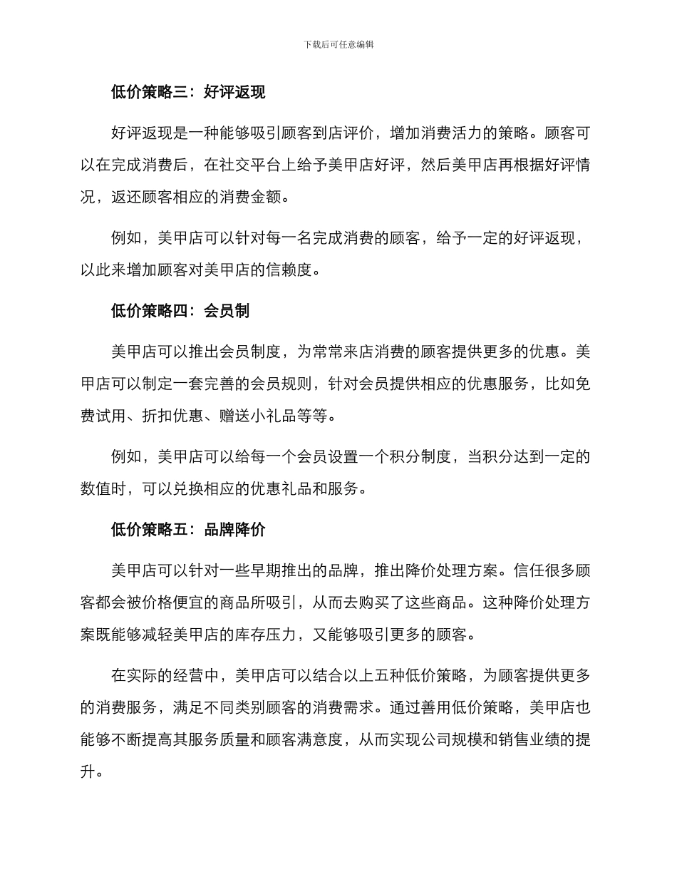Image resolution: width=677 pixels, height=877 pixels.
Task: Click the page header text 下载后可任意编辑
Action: click(x=338, y=44)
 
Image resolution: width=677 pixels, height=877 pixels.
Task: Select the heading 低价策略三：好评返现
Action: click(x=188, y=91)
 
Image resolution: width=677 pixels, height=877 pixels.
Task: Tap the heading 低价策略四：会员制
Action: click(x=180, y=311)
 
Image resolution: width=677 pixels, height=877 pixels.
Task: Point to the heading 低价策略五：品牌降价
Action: click(x=188, y=530)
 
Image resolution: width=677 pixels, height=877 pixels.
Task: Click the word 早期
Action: click(x=281, y=570)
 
